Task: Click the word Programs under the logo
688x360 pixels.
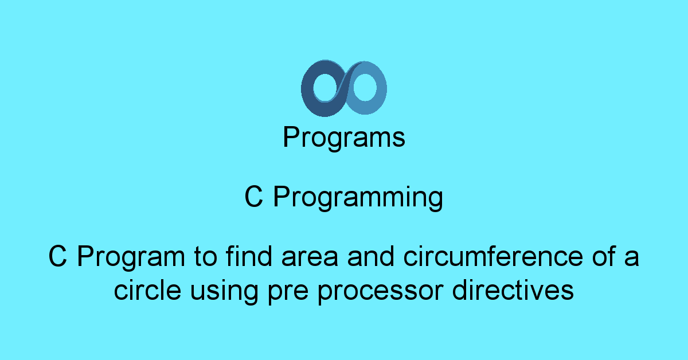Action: pyautogui.click(x=344, y=138)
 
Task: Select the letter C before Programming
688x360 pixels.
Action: pyautogui.click(x=253, y=198)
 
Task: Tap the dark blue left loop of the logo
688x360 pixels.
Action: pyautogui.click(x=313, y=89)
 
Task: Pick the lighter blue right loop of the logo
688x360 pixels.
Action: pyautogui.click(x=376, y=89)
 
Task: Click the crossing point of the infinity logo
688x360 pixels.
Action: pyautogui.click(x=343, y=88)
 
